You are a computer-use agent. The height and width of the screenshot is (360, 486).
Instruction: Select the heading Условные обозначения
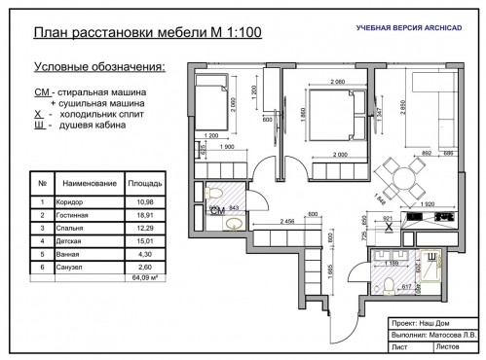point(98,68)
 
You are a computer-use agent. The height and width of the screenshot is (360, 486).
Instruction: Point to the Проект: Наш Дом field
point(411,320)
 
